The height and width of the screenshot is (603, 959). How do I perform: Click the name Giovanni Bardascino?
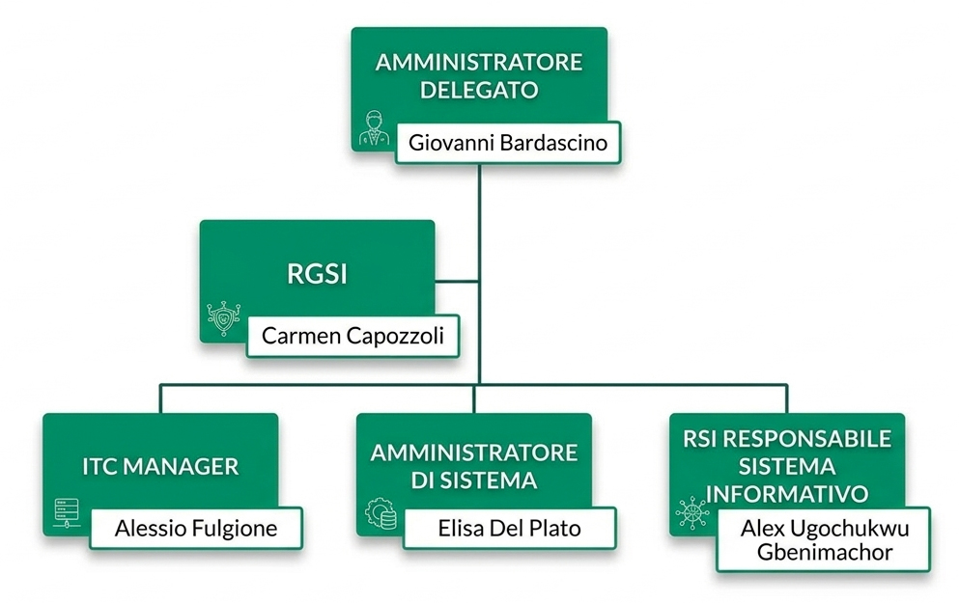click(x=507, y=144)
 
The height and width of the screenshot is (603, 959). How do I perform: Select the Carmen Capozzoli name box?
click(x=353, y=337)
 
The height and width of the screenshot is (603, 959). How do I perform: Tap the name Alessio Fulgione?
click(x=196, y=528)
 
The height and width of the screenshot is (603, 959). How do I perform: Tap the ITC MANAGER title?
click(x=160, y=467)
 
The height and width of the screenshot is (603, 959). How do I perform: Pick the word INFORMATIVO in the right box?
click(x=787, y=493)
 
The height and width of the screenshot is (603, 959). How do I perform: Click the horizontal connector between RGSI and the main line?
click(x=456, y=282)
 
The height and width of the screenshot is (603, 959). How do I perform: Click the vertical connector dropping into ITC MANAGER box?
click(x=161, y=398)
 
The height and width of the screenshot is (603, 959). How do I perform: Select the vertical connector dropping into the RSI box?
click(x=786, y=398)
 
